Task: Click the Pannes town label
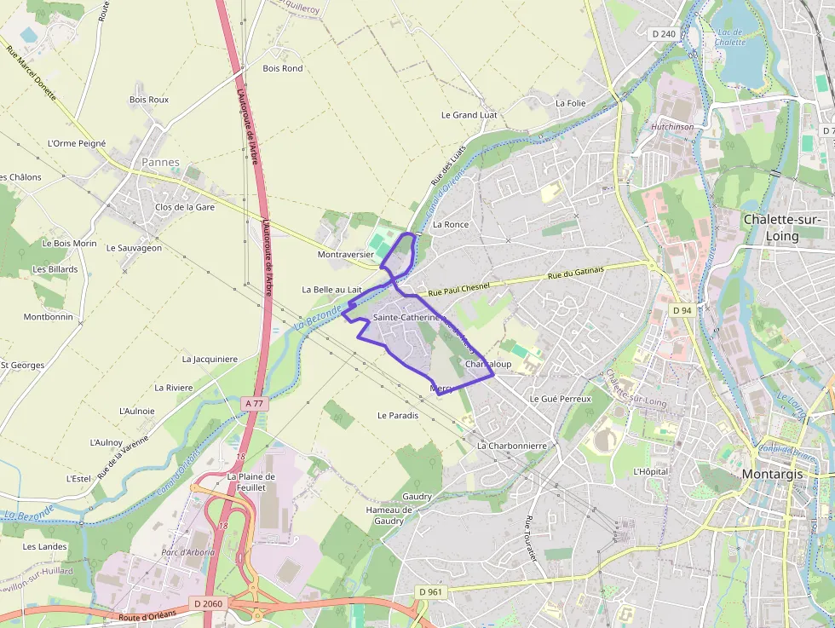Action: tap(160, 162)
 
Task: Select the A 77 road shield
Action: tap(254, 403)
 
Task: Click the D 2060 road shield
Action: tap(208, 603)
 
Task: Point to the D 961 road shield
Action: tap(432, 591)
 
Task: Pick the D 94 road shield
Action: tap(682, 310)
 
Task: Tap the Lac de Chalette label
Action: tap(730, 37)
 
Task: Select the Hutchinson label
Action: tap(672, 126)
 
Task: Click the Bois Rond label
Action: tap(282, 68)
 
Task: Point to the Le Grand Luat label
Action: tap(469, 114)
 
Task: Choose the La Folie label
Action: tap(570, 102)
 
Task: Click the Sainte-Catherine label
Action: tap(406, 317)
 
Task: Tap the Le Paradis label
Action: tap(398, 416)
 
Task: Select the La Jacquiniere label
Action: tap(210, 359)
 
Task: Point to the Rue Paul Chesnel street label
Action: tap(453, 288)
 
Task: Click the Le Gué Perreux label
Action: tap(560, 398)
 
